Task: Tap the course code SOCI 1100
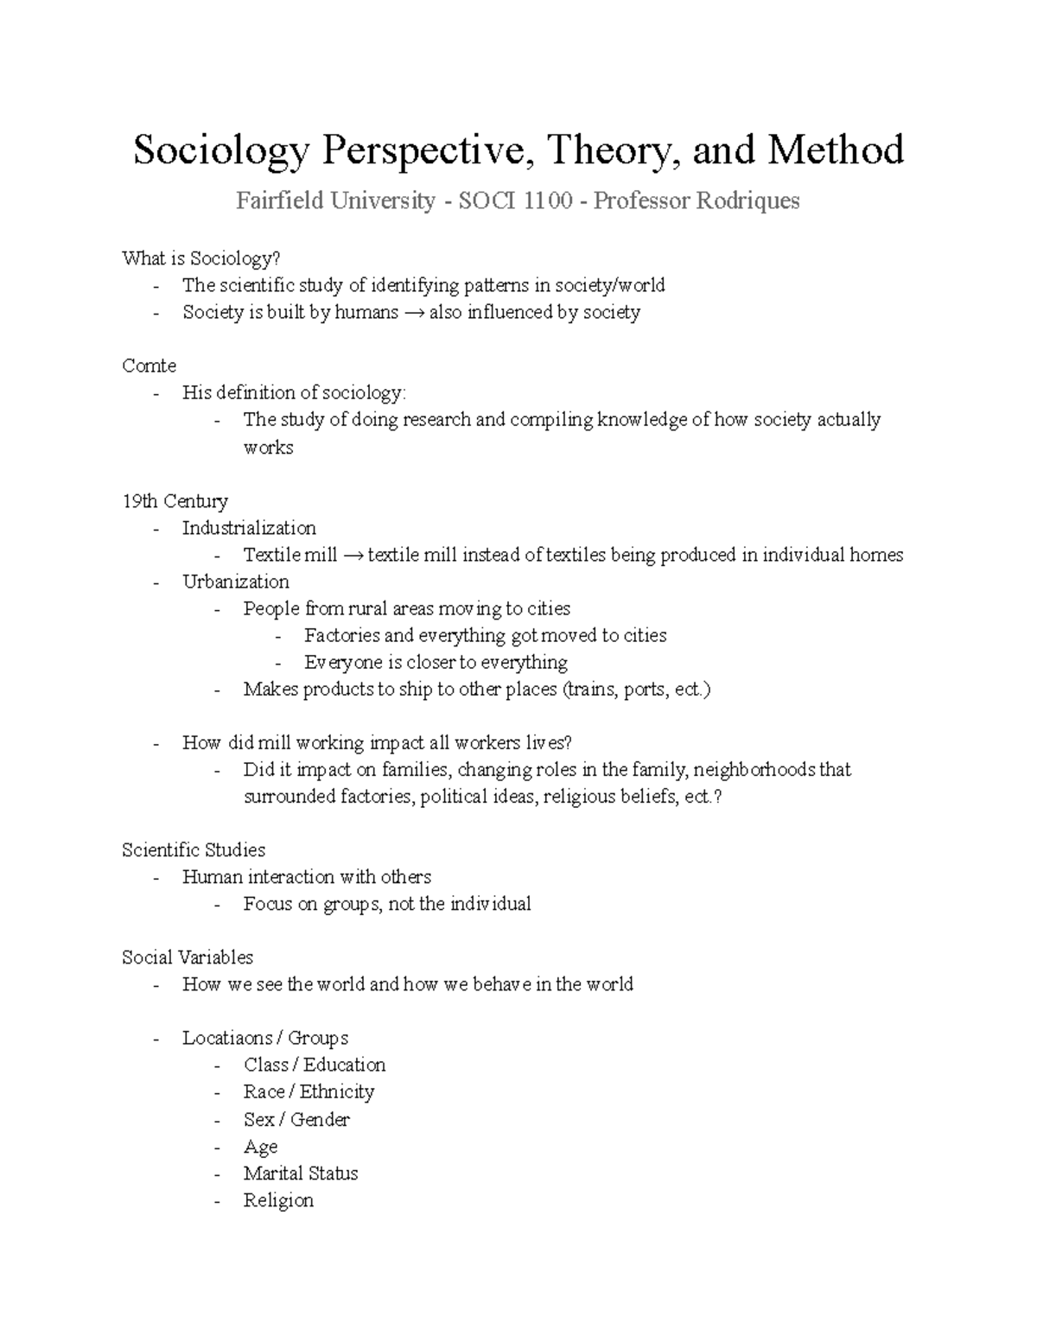pos(515,201)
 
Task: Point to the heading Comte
pos(149,366)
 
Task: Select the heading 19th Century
pos(175,501)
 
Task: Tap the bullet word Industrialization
pos(249,528)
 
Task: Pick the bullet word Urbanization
pos(235,582)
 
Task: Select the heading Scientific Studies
pos(194,850)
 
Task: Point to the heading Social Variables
pos(188,957)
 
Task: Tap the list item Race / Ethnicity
pos(309,1091)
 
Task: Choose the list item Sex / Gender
pos(296,1119)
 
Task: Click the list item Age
pos(260,1147)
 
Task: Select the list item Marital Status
pos(300,1173)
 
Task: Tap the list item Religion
pos(278,1200)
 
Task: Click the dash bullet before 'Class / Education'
pos(220,1065)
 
